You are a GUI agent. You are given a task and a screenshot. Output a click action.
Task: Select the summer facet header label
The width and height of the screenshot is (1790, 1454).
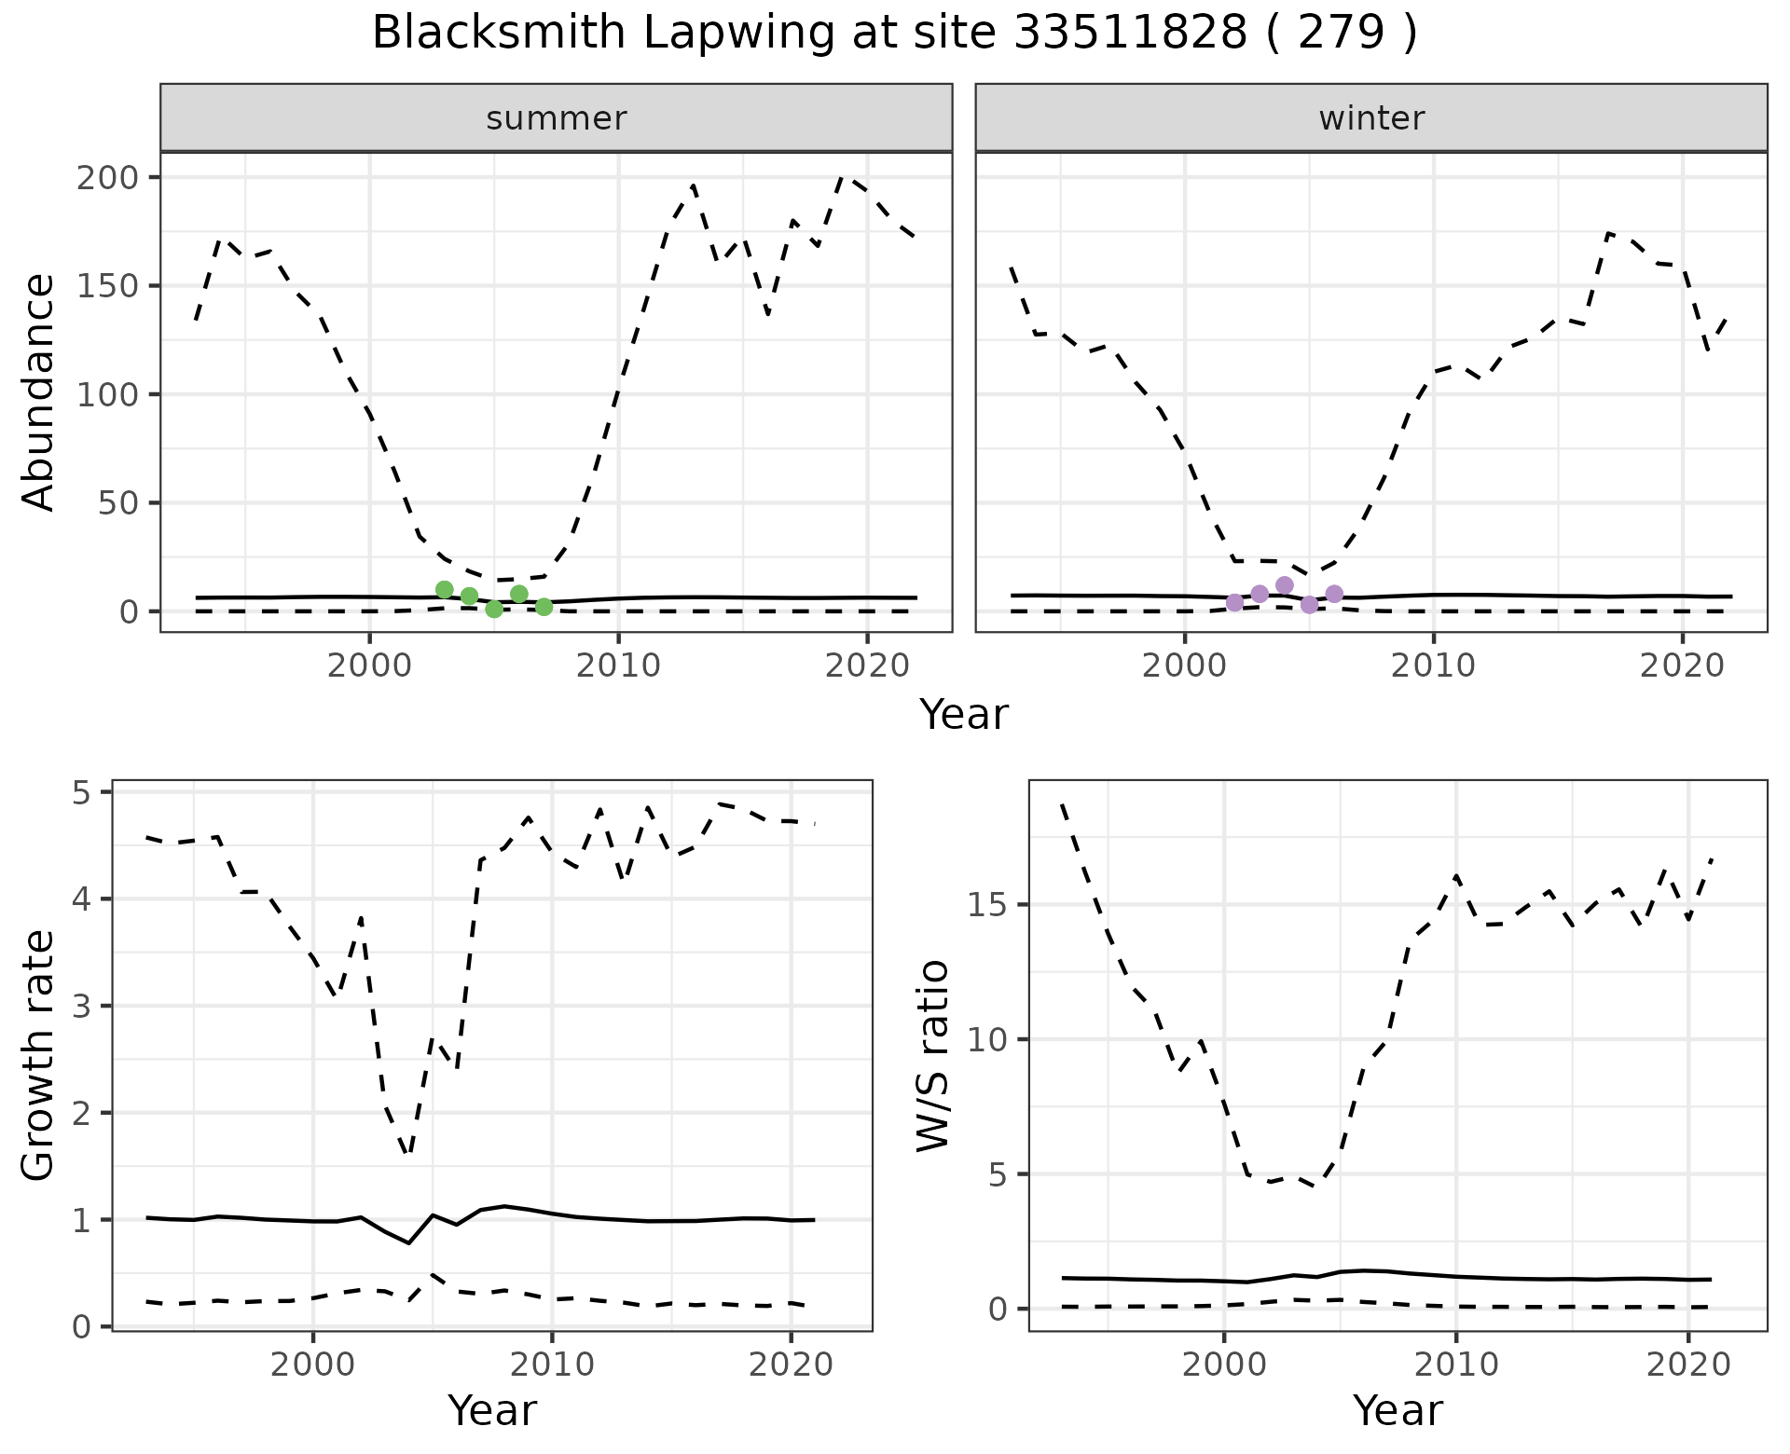[x=557, y=118]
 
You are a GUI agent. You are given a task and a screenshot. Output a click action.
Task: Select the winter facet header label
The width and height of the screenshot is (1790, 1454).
[x=1371, y=118]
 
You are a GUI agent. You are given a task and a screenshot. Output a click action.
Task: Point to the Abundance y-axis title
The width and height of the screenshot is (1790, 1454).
[x=38, y=392]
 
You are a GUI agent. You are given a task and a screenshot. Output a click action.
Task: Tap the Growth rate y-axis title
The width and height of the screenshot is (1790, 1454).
[x=38, y=1055]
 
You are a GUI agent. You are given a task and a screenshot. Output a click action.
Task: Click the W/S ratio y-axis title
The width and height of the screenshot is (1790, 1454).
[x=933, y=1055]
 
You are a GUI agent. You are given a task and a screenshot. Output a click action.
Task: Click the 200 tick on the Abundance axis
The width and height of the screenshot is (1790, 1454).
[x=106, y=177]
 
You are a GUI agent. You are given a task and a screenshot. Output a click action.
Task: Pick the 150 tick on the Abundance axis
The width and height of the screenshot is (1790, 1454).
[x=106, y=286]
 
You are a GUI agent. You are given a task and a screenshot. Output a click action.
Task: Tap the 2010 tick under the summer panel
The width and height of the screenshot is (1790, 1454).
[x=618, y=665]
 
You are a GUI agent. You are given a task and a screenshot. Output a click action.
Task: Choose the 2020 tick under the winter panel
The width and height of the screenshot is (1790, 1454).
[x=1683, y=665]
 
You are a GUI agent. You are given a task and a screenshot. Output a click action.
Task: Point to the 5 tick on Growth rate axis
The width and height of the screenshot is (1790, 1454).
[x=89, y=793]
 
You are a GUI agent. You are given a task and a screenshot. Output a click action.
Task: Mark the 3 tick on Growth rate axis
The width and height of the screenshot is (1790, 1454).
[x=89, y=1007]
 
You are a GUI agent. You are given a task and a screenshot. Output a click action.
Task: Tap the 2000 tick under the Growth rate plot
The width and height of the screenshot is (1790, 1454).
[x=312, y=1365]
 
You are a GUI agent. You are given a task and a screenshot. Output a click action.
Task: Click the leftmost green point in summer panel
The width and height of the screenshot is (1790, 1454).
[x=445, y=589]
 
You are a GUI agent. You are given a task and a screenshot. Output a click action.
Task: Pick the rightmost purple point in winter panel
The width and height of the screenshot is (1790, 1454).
[x=1334, y=594]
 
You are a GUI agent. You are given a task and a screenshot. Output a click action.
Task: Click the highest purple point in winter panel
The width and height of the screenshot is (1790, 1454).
[x=1285, y=585]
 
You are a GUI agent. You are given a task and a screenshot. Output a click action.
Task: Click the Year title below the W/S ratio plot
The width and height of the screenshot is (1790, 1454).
[x=1398, y=1410]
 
